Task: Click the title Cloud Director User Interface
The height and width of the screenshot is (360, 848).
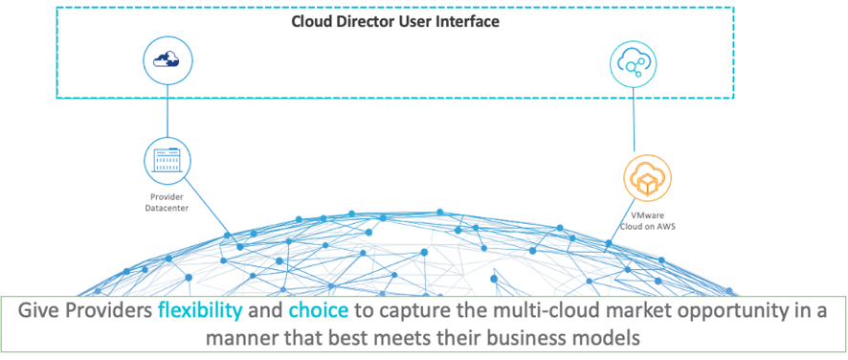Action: tap(394, 21)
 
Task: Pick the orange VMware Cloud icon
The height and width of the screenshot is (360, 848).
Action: tap(648, 178)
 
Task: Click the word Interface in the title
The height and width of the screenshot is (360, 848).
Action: tap(466, 21)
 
